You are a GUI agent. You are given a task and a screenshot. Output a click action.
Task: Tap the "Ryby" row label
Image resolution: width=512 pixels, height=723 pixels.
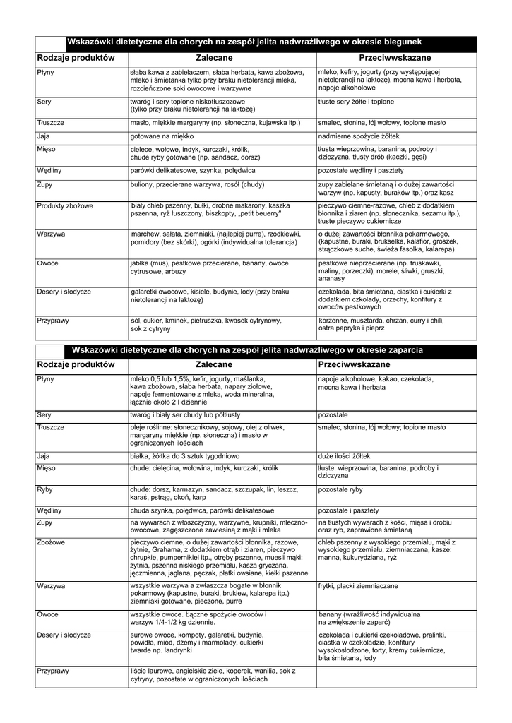pyautogui.click(x=45, y=489)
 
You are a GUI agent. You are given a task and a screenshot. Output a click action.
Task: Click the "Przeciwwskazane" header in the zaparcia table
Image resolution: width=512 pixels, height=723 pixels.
pyautogui.click(x=355, y=364)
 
